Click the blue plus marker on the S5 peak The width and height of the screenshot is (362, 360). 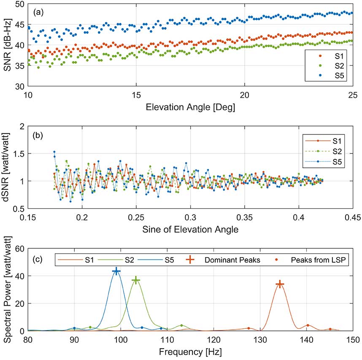click(116, 271)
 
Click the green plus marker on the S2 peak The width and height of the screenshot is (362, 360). click(135, 280)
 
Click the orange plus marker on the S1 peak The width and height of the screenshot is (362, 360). click(279, 285)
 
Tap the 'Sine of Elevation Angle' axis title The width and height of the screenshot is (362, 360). click(190, 229)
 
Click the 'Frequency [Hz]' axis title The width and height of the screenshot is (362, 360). click(190, 352)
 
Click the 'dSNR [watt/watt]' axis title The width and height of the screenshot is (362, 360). click(7, 167)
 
